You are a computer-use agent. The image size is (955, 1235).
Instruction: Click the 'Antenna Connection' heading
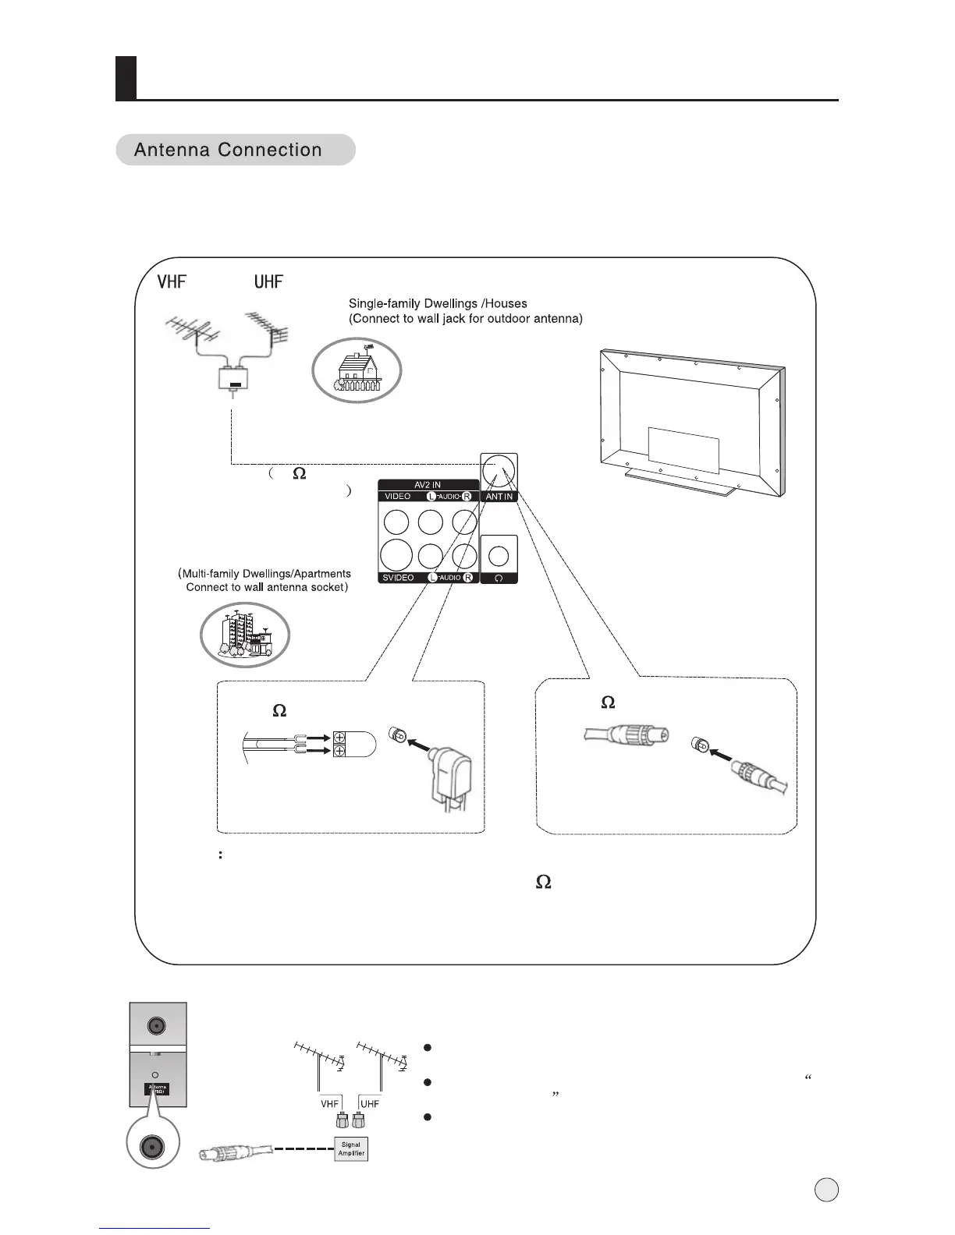point(228,150)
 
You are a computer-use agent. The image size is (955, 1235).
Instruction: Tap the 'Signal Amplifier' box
point(351,1148)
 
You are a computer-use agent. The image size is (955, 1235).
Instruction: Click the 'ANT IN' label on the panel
point(499,497)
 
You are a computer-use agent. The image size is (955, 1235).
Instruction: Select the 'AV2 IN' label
point(428,485)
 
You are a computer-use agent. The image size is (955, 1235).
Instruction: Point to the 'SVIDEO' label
point(398,578)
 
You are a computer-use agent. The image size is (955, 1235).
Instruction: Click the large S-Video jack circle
point(397,554)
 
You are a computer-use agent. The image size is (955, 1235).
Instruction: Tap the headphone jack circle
point(499,555)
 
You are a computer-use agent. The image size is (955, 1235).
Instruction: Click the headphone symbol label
point(499,579)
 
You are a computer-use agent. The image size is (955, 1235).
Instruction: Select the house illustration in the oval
point(357,373)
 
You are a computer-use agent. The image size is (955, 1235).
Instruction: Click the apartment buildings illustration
point(245,635)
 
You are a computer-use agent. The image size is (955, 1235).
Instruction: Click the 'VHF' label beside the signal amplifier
point(329,1104)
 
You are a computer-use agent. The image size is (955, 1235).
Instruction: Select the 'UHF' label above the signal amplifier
point(370,1104)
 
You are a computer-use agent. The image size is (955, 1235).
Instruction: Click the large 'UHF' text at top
point(268,281)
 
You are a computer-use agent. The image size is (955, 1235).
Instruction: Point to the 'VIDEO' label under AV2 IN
point(398,497)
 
